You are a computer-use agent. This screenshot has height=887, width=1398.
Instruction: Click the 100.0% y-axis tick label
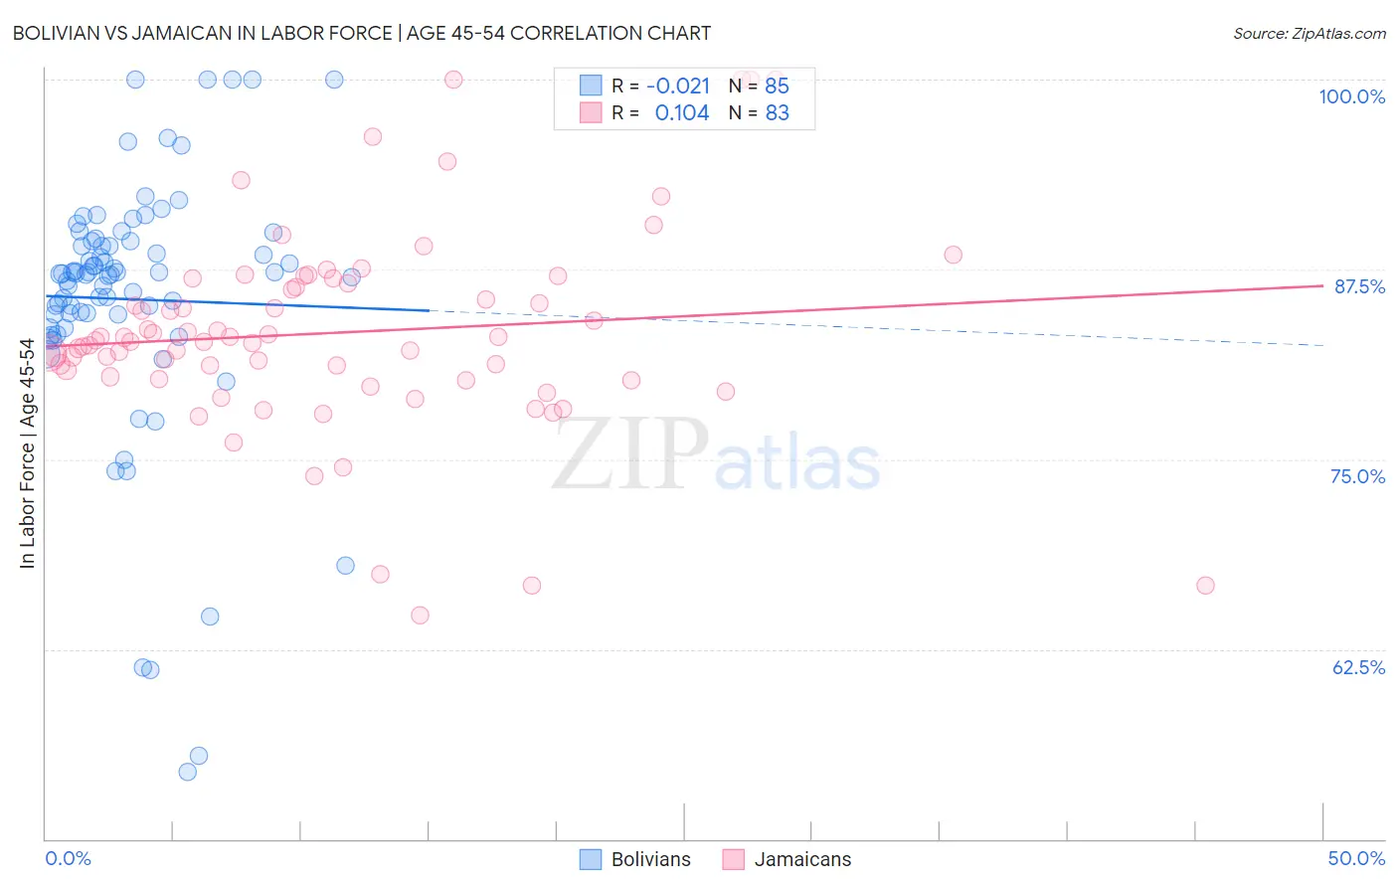click(x=1351, y=96)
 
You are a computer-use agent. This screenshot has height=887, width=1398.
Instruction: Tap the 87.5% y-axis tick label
click(x=1359, y=286)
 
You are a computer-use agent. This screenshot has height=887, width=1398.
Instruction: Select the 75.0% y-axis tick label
click(x=1357, y=476)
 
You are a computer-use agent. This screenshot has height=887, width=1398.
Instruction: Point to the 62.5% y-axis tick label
click(x=1358, y=667)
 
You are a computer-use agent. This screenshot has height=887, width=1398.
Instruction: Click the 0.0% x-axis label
click(x=68, y=858)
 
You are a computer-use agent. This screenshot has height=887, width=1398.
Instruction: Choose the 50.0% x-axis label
click(x=1356, y=858)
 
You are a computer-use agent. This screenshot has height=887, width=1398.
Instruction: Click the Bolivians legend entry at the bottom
click(x=634, y=859)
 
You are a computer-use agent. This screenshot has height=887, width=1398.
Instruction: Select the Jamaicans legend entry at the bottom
click(x=786, y=859)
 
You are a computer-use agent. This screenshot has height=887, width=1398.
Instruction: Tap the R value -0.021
click(x=678, y=86)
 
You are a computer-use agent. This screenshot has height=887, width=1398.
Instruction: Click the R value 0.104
click(x=682, y=113)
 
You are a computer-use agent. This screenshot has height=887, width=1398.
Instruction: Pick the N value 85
click(x=777, y=86)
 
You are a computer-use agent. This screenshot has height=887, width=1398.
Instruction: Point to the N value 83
click(x=777, y=113)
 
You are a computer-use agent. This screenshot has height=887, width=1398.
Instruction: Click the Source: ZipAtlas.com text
click(x=1309, y=34)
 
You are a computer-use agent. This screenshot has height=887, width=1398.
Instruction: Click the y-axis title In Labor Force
click(x=28, y=453)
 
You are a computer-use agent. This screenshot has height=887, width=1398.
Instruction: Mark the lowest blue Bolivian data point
click(x=187, y=772)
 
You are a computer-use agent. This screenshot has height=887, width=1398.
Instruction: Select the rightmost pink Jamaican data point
click(x=1205, y=586)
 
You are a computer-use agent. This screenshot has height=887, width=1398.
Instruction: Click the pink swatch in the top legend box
click(x=591, y=112)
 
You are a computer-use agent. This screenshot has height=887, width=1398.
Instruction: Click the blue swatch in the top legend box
click(x=591, y=86)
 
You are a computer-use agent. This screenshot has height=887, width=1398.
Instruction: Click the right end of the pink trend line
click(x=1322, y=285)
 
